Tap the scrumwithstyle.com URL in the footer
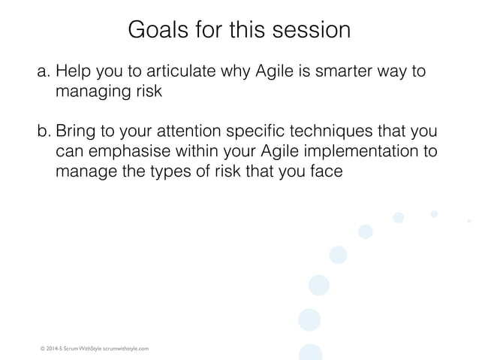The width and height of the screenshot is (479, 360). pos(126,349)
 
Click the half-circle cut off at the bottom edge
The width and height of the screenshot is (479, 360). pos(310,352)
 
